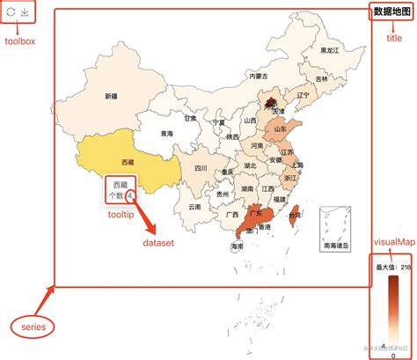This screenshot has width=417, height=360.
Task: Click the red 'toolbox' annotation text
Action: click(21, 41)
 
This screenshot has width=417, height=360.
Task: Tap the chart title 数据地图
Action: click(391, 11)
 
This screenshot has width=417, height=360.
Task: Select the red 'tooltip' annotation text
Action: click(121, 213)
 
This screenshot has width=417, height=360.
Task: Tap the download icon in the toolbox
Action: click(27, 13)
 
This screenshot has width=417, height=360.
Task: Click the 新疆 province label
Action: click(111, 95)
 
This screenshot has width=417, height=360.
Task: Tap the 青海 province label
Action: click(167, 134)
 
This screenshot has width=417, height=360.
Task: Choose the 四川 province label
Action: click(201, 168)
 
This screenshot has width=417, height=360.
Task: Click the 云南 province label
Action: click(194, 207)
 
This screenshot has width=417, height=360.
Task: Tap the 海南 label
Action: click(237, 247)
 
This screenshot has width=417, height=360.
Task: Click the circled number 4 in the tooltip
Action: click(130, 195)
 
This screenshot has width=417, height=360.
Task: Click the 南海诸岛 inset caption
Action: click(335, 246)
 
